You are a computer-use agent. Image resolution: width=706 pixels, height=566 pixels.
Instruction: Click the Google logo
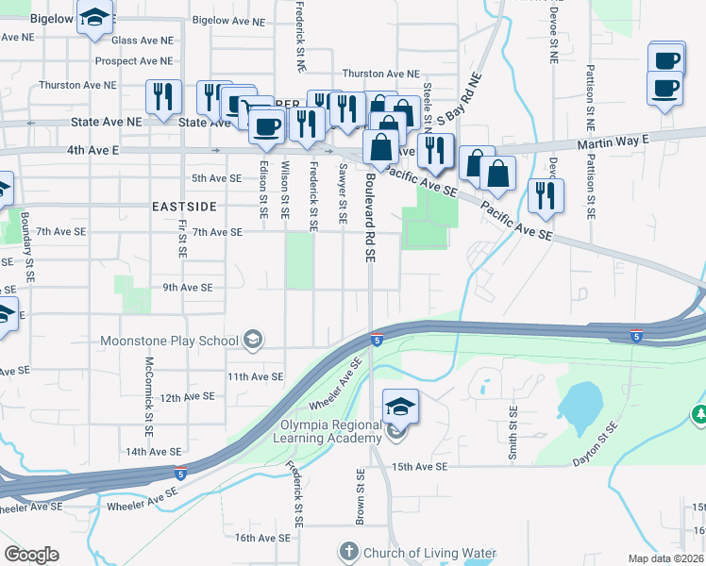tap(31, 555)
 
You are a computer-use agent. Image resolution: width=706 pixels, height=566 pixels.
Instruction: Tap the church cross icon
tap(348, 551)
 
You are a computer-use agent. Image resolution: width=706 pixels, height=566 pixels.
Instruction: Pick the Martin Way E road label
tap(614, 141)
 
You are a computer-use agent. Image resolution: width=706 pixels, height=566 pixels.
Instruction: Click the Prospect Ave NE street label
tap(134, 61)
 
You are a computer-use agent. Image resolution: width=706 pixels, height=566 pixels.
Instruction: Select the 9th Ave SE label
tap(188, 287)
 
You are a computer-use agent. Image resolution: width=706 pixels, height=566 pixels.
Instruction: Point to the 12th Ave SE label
tap(183, 398)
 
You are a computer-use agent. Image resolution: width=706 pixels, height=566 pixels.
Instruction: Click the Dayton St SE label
tap(597, 444)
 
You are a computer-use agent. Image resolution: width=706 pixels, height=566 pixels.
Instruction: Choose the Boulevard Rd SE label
tap(371, 217)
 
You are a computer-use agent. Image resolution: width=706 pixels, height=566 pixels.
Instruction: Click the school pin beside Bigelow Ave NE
tap(96, 19)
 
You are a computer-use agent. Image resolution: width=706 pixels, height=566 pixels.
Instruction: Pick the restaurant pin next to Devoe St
tap(546, 194)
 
